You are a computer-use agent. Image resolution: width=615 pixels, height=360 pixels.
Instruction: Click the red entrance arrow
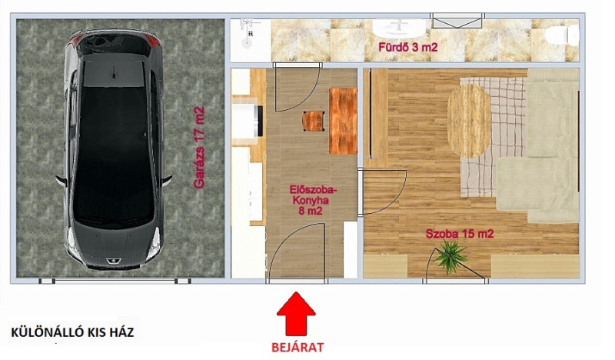point(296,314)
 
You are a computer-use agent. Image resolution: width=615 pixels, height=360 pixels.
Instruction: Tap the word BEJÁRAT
point(298,348)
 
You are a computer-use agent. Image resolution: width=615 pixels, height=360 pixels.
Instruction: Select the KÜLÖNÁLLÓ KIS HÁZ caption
point(72,332)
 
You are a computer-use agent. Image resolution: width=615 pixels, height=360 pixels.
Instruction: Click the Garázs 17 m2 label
point(199,148)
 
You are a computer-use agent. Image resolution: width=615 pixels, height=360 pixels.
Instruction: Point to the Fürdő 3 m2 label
point(408,48)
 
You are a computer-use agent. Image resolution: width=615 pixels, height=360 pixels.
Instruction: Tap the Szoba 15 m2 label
point(460,234)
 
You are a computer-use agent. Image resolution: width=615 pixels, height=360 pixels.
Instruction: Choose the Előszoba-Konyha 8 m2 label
point(313,200)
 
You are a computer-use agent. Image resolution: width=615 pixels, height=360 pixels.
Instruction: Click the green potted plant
point(450,256)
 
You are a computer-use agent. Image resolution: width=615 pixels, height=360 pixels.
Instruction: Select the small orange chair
point(314,121)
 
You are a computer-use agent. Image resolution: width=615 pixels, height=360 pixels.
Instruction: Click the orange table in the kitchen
point(343,121)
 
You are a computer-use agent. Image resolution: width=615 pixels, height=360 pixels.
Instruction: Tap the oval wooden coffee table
point(470,121)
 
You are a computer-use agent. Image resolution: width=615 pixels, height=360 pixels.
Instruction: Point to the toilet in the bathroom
point(562,35)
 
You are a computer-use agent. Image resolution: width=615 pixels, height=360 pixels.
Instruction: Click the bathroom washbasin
point(398,28)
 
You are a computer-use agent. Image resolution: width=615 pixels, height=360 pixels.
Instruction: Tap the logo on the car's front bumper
point(109,261)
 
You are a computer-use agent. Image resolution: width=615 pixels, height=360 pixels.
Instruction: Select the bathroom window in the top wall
point(457,21)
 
